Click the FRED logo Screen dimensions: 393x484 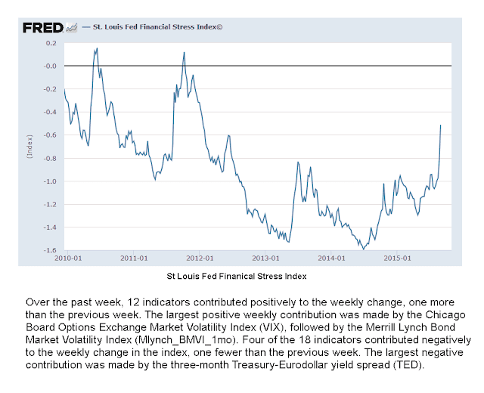(x=42, y=27)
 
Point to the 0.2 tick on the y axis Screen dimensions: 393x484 (x=52, y=43)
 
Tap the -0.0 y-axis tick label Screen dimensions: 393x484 (x=51, y=67)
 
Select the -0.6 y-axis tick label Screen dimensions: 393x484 (x=51, y=135)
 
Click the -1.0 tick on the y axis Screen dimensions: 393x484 (x=51, y=181)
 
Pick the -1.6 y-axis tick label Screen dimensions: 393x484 (x=51, y=250)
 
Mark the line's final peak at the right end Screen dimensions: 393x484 (x=441, y=125)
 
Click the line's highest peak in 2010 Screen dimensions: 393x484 (x=98, y=48)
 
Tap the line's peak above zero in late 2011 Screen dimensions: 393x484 (x=185, y=53)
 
